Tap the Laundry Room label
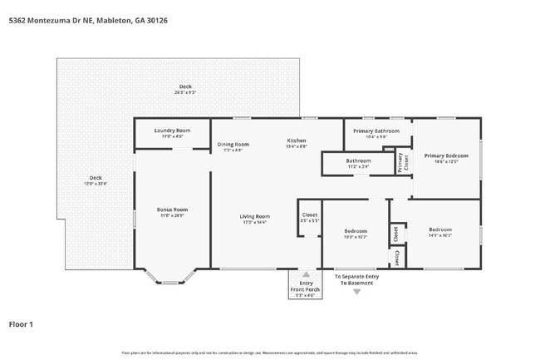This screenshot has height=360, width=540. point(173,131)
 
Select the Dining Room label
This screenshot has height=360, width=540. point(233,145)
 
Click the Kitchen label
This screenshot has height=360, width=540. point(297,141)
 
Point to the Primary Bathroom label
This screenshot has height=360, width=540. point(376,131)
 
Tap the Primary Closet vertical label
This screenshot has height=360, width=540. point(400,162)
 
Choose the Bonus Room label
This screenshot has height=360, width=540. point(172,210)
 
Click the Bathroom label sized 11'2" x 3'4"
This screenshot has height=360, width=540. point(358,160)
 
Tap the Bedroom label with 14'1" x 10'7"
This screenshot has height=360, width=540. point(440,229)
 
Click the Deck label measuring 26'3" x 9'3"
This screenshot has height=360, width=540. point(185,88)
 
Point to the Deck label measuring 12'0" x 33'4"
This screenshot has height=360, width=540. point(96,178)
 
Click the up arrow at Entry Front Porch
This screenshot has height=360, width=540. point(306,274)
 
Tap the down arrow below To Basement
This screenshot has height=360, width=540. point(357,292)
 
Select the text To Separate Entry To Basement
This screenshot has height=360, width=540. point(356,280)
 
